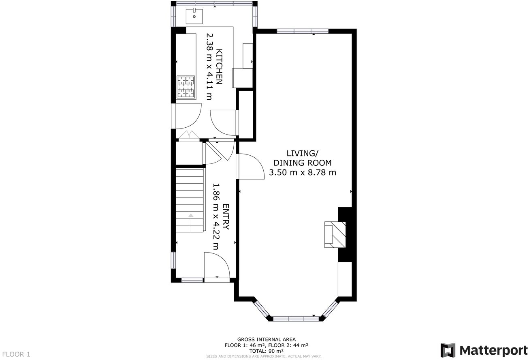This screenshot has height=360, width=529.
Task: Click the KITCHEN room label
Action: coord(219,67)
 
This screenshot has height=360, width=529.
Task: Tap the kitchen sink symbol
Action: coord(194,16)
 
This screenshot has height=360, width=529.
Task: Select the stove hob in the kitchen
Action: coord(186,87)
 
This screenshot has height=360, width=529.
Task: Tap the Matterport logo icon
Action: coord(448,350)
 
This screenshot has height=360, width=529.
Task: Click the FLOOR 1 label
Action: coord(15,354)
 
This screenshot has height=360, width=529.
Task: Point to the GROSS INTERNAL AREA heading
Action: coord(266,339)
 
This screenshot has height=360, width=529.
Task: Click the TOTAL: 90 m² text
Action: coord(266,351)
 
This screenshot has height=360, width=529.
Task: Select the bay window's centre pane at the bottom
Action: coord(296,319)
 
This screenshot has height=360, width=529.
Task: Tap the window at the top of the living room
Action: coord(303,31)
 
